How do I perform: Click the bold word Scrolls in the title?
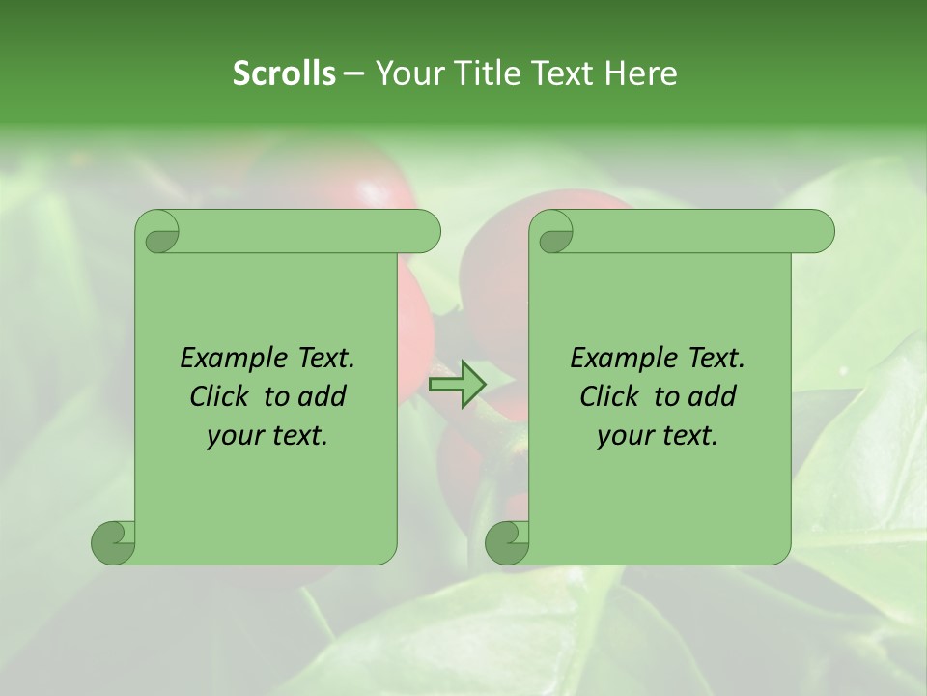click(284, 73)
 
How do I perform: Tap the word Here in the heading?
click(640, 73)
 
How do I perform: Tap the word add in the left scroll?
click(322, 396)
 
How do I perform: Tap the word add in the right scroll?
click(712, 396)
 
